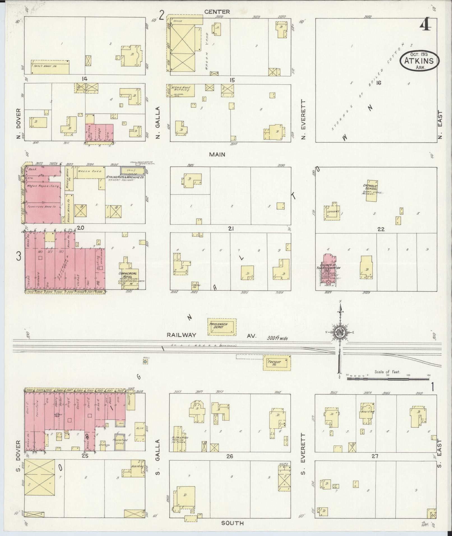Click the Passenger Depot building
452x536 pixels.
point(222,327)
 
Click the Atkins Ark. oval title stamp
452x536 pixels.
point(419,61)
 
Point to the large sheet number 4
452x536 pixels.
point(425,26)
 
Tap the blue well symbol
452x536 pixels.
point(145,362)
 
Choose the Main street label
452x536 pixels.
point(217,154)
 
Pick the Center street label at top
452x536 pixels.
point(217,12)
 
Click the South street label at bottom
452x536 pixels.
point(232,523)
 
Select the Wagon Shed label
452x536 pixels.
point(87,171)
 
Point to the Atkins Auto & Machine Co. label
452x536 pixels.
point(125,177)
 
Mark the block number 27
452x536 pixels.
point(375,456)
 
